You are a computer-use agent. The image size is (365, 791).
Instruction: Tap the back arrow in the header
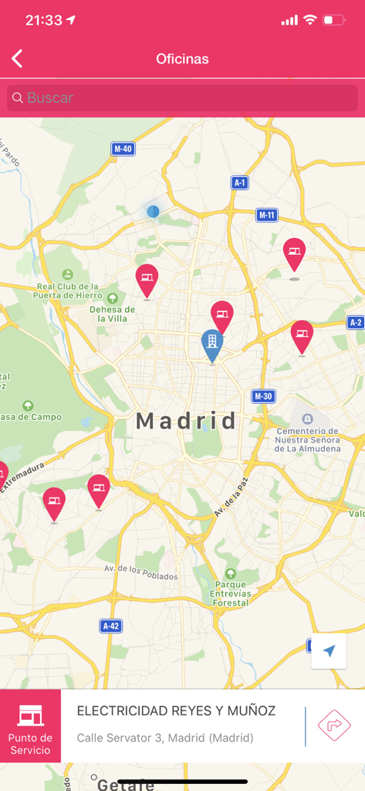pyautogui.click(x=17, y=59)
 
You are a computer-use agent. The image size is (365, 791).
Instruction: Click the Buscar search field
pyautogui.click(x=182, y=98)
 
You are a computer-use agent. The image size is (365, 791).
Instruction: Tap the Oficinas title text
pyautogui.click(x=182, y=59)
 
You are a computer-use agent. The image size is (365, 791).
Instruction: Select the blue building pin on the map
pyautogui.click(x=212, y=344)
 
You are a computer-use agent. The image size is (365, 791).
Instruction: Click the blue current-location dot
pyautogui.click(x=153, y=211)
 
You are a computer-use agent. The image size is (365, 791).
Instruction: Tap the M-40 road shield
pyautogui.click(x=123, y=149)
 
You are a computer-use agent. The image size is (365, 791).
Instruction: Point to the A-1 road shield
pyautogui.click(x=240, y=182)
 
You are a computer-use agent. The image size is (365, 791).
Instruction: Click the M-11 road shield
pyautogui.click(x=267, y=216)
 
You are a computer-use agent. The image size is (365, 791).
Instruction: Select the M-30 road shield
pyautogui.click(x=263, y=396)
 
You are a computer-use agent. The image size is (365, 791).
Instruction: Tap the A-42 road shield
pyautogui.click(x=110, y=626)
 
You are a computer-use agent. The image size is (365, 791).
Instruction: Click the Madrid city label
pyautogui.click(x=186, y=421)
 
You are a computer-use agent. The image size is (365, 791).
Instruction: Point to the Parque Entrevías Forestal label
pyautogui.click(x=230, y=593)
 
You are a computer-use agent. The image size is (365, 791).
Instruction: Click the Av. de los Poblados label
pyautogui.click(x=141, y=572)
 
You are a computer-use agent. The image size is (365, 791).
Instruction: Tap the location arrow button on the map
pyautogui.click(x=329, y=651)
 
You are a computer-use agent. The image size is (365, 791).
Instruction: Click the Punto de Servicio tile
pyautogui.click(x=30, y=726)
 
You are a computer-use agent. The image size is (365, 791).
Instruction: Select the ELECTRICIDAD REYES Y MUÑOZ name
pyautogui.click(x=176, y=711)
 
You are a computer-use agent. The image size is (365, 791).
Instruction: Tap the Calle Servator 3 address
pyautogui.click(x=164, y=738)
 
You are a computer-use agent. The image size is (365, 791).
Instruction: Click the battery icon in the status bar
pyautogui.click(x=333, y=20)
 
